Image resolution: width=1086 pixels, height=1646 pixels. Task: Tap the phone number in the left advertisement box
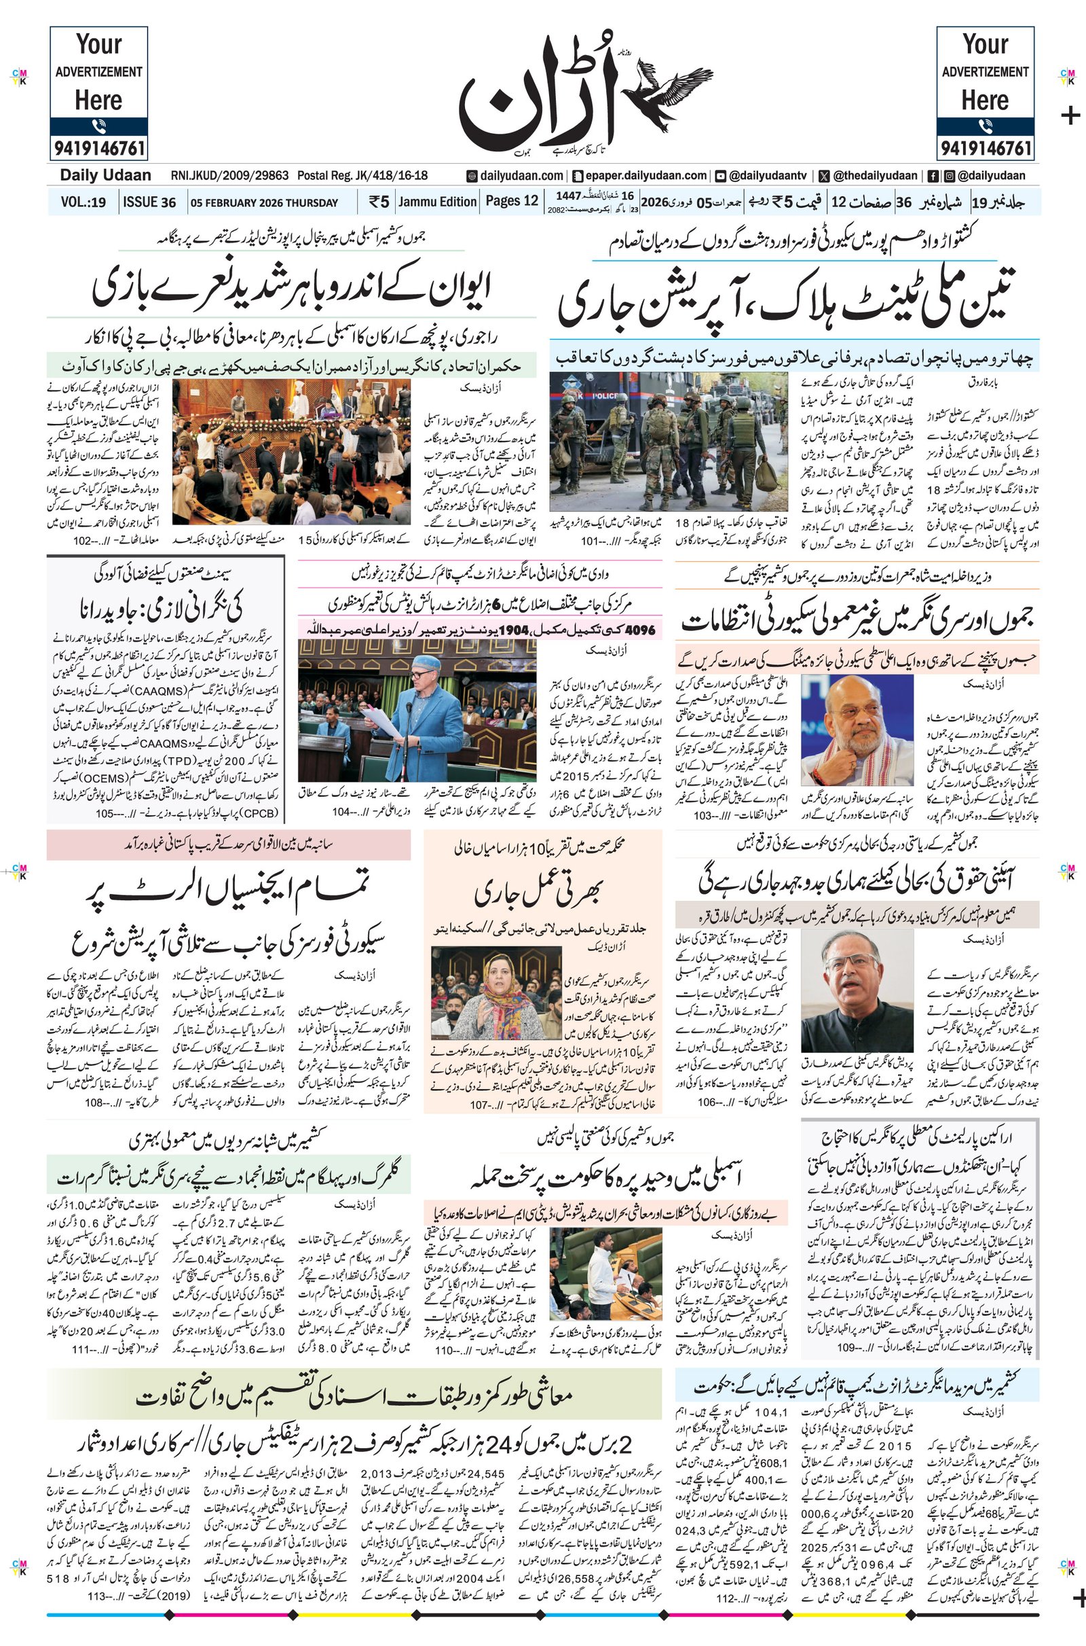(98, 147)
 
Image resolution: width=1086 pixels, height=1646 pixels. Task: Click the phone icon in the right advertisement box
(985, 126)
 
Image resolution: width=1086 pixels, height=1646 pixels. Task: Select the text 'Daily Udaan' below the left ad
(105, 175)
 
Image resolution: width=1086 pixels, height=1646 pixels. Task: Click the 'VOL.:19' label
(83, 202)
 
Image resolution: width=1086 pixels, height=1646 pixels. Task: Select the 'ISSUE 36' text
(149, 202)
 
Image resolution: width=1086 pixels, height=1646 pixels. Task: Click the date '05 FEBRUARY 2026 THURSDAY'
(265, 203)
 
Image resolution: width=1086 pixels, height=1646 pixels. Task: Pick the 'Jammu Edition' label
(437, 202)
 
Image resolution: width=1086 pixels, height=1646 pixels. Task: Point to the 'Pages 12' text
(511, 201)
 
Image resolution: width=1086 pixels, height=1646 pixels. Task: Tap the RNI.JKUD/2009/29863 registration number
(229, 176)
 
